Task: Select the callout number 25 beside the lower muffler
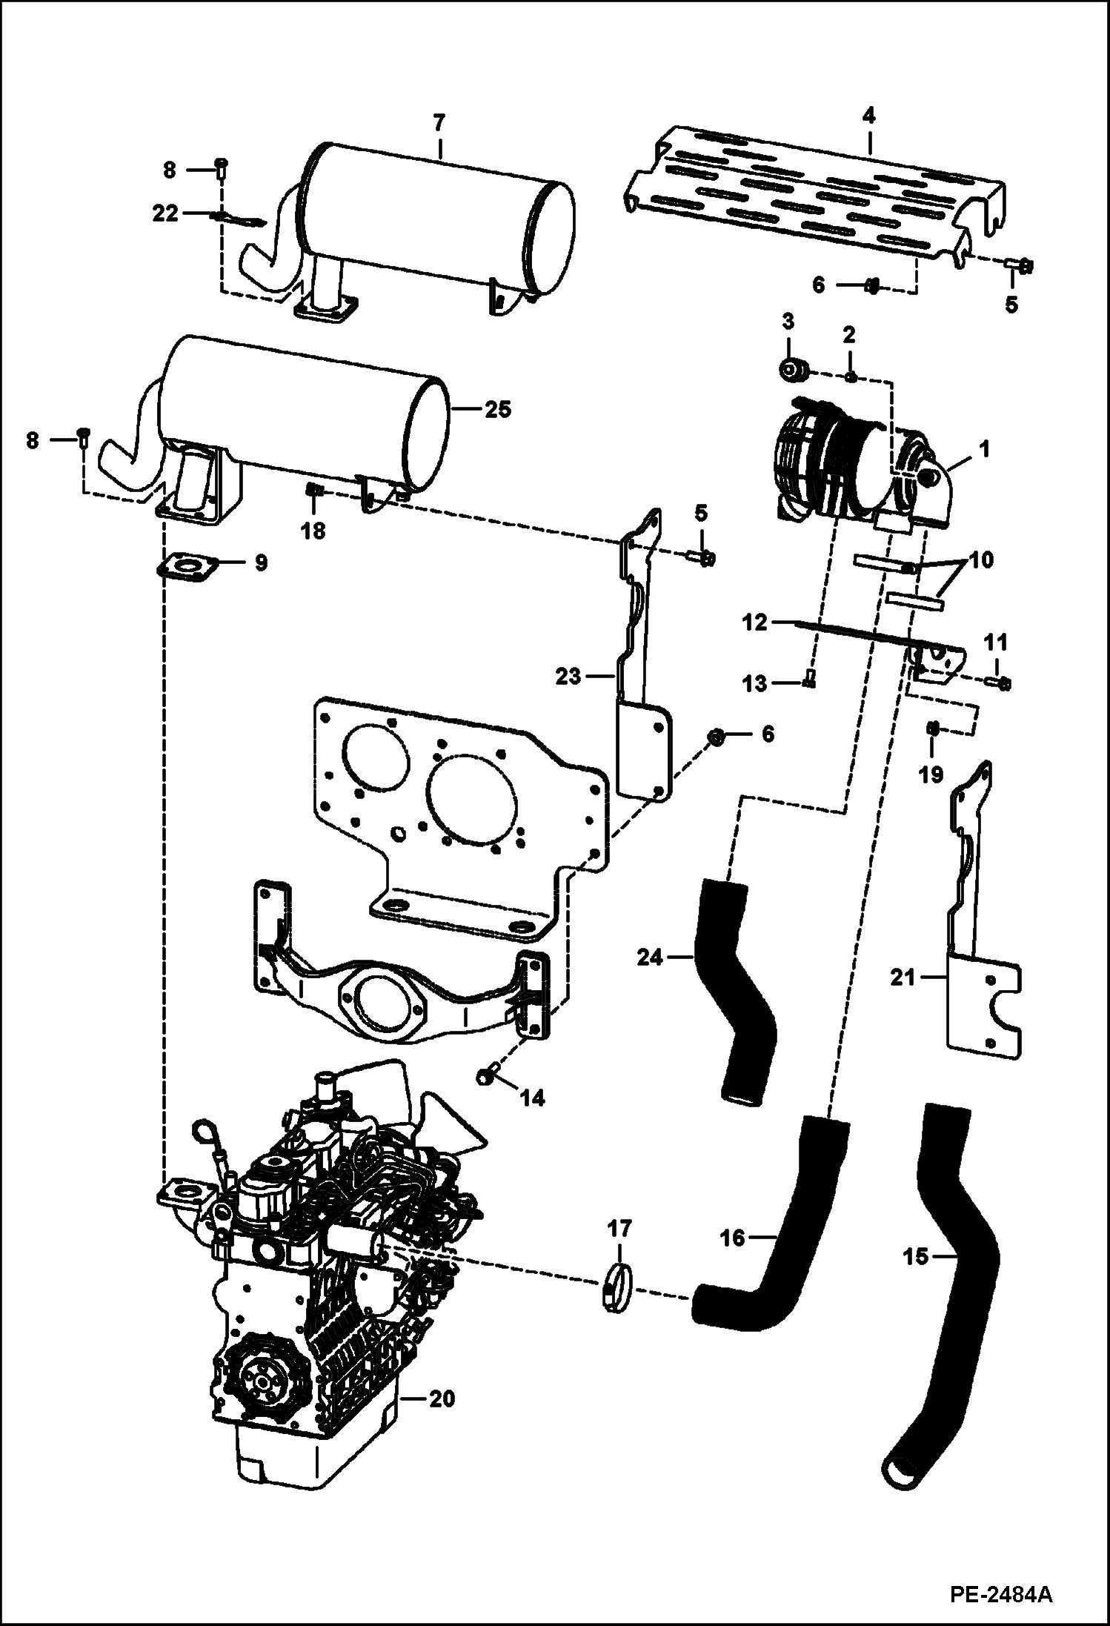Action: click(x=498, y=409)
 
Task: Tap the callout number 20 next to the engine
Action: click(x=442, y=1400)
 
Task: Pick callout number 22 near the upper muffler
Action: click(x=164, y=213)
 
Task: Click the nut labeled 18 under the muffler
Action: click(x=313, y=490)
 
